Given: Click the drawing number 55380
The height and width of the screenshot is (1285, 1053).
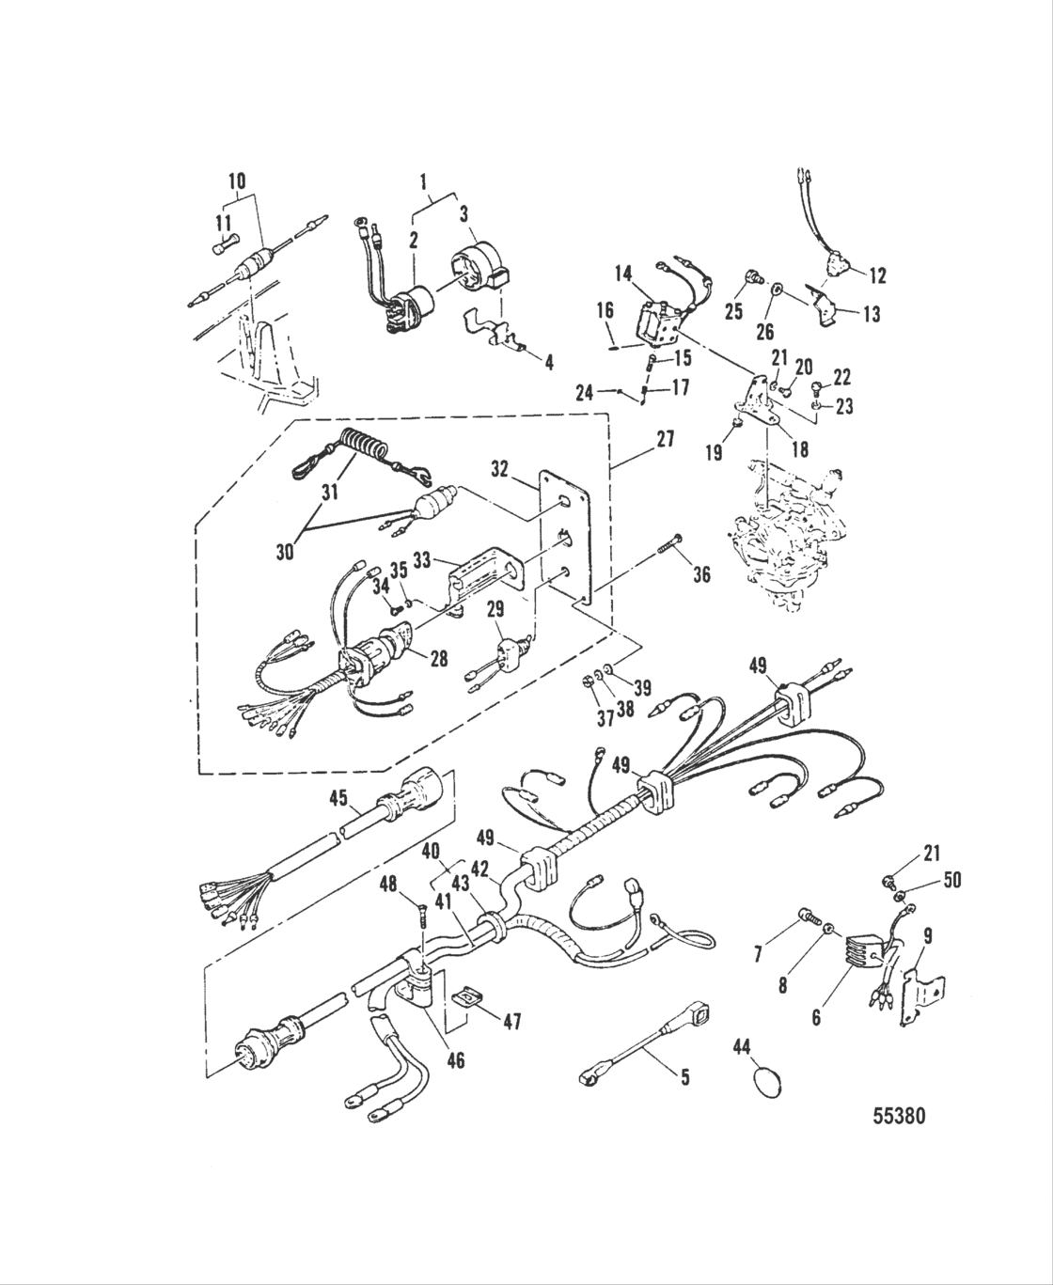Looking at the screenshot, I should [899, 1116].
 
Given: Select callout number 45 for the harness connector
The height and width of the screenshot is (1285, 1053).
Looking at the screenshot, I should [338, 799].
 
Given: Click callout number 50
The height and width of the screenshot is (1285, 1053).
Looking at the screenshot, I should [951, 881].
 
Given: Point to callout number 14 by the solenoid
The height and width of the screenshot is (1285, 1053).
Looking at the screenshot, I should [624, 273].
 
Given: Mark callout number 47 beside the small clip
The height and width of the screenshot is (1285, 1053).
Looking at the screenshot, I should [510, 1021].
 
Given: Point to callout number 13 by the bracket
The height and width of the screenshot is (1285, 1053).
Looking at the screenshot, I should [871, 315].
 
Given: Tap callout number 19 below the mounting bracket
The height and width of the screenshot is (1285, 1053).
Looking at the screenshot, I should [715, 452].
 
